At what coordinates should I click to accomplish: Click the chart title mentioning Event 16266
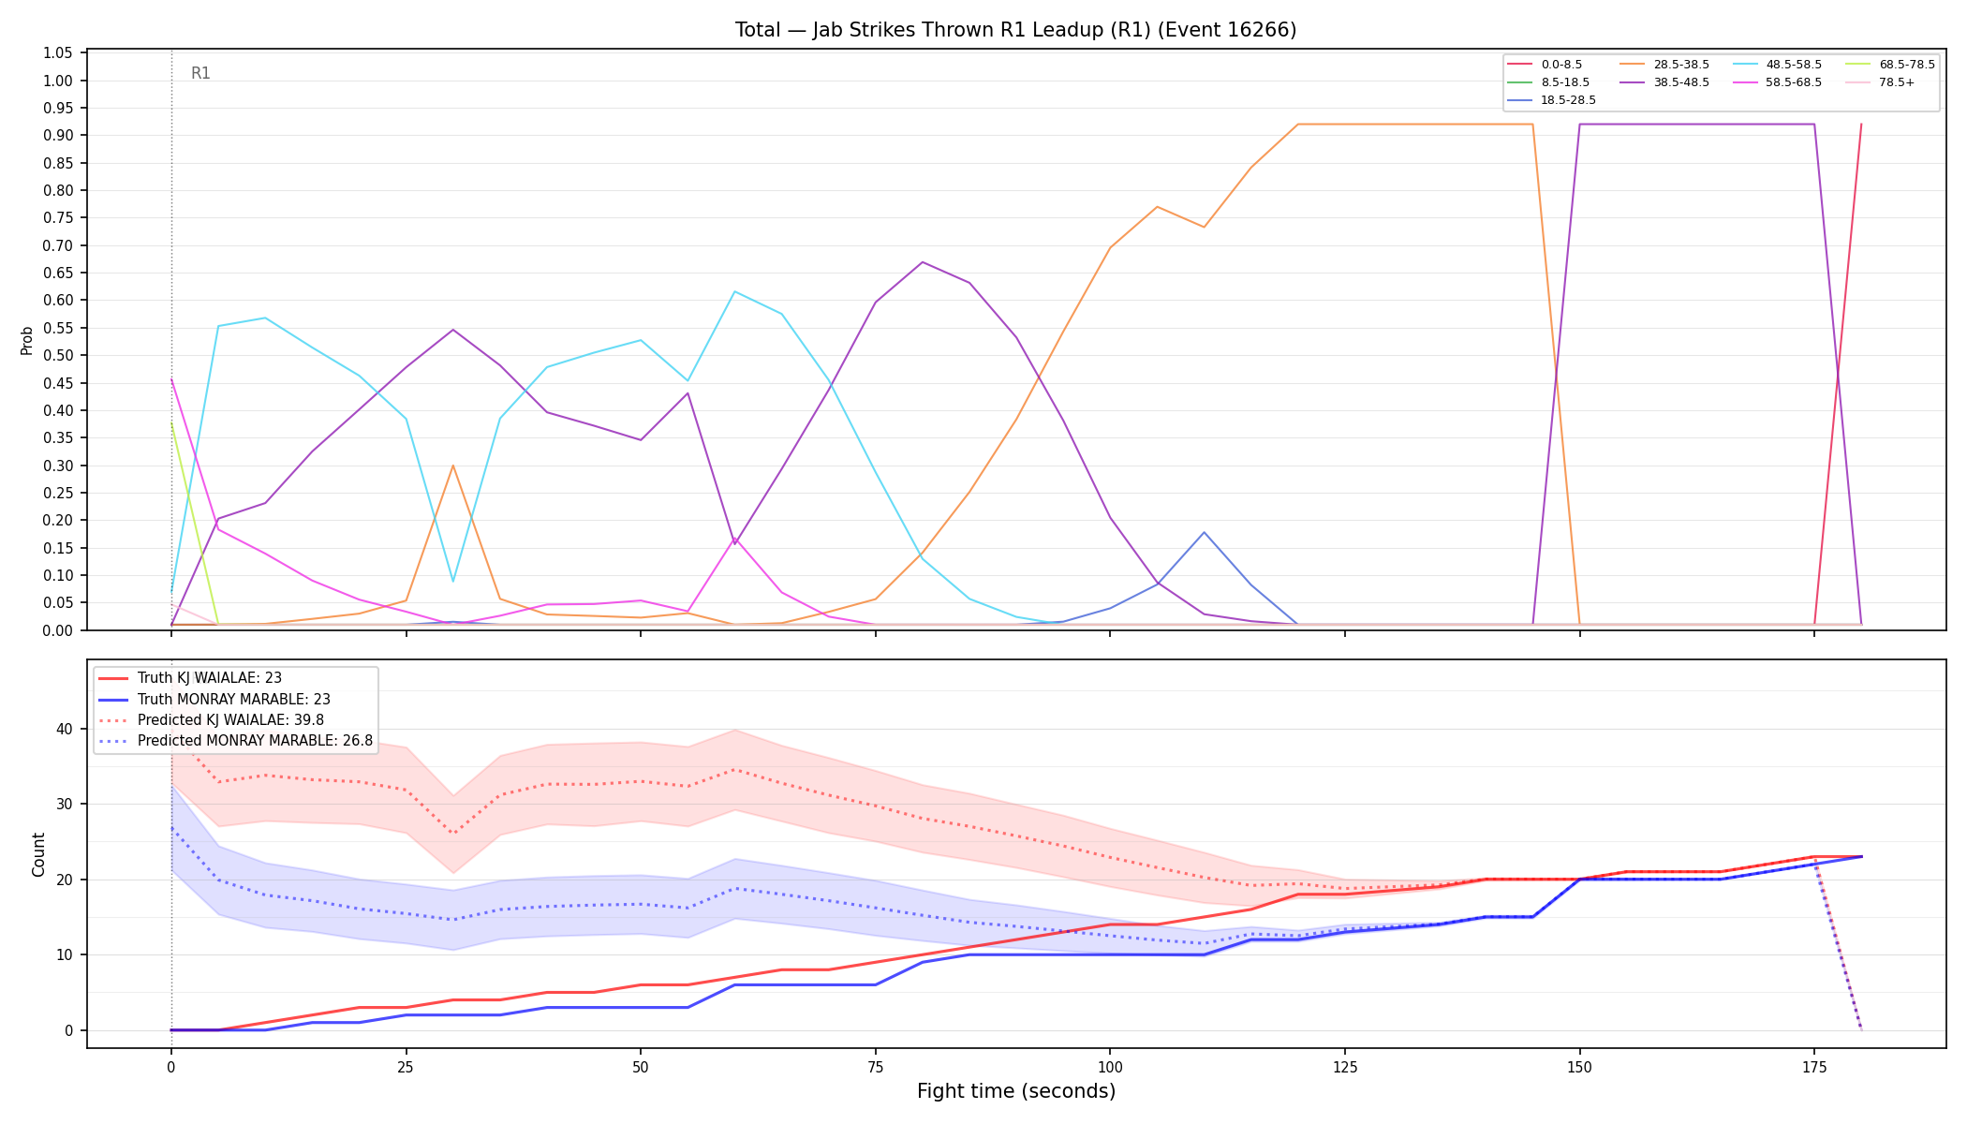1015,30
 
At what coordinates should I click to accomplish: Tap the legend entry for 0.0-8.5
1545,65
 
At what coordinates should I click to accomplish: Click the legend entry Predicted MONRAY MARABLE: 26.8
235,741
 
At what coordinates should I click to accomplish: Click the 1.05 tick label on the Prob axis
58,53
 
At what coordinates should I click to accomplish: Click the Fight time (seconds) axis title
1016,1091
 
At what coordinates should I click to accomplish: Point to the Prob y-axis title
27,340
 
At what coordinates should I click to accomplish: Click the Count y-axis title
38,854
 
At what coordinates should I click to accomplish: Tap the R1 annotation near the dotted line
200,73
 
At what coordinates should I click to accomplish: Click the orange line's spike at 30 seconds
453,466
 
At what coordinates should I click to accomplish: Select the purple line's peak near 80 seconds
923,262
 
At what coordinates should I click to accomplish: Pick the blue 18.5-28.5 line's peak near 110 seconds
1204,532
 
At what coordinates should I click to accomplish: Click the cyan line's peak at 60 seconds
735,291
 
